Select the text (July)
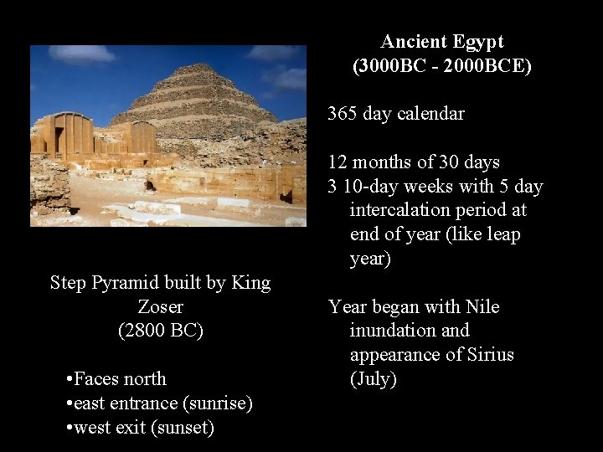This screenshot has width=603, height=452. [373, 379]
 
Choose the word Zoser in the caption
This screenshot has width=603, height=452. [160, 306]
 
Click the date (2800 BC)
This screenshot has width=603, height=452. [160, 331]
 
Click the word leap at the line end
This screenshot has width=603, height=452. [502, 234]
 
